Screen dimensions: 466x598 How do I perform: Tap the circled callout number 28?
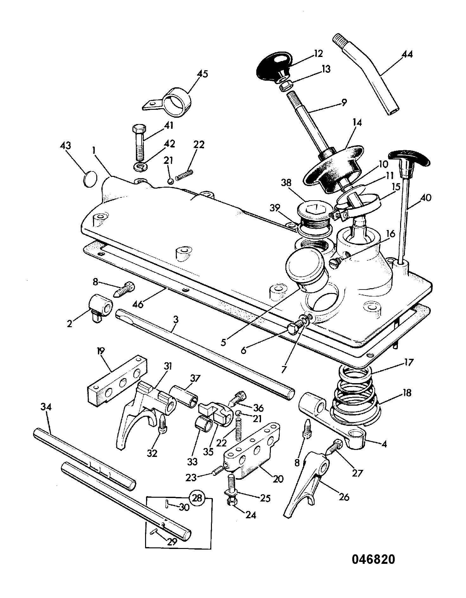[x=197, y=498]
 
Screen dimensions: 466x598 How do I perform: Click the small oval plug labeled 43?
[x=90, y=179]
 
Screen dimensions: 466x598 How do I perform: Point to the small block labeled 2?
[x=100, y=307]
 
